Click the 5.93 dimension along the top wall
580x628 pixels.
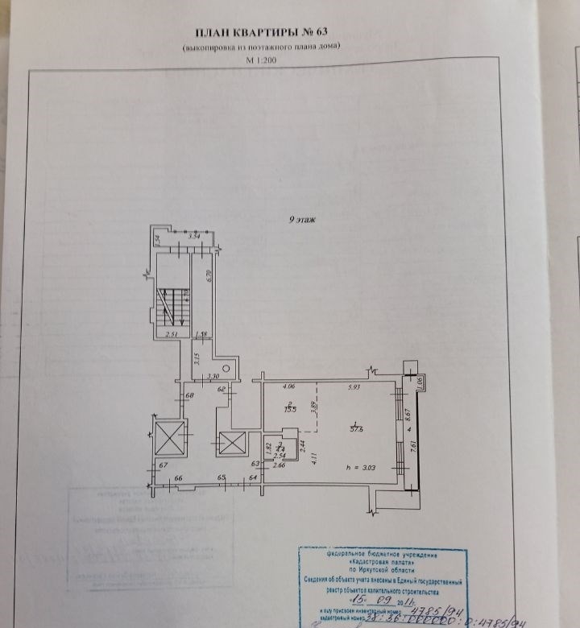[x=354, y=388]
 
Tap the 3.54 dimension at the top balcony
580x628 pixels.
[x=193, y=237]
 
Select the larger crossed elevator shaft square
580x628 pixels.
[x=169, y=438]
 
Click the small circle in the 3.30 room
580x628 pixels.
[x=228, y=367]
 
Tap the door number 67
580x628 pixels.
[x=162, y=466]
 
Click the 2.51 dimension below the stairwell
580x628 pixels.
[x=172, y=334]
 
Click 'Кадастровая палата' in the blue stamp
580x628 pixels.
[x=371, y=564]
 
